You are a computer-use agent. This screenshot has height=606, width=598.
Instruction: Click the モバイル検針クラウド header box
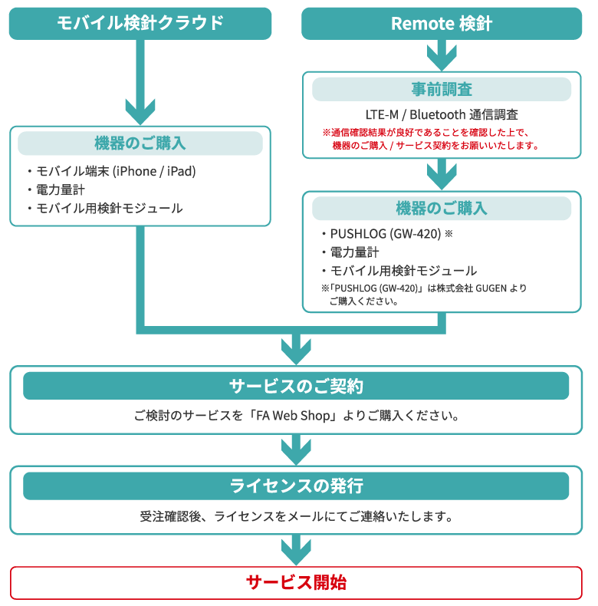point(140,23)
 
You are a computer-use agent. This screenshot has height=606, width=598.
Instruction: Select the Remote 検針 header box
point(442,23)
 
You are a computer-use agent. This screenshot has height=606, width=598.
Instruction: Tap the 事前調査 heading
point(442,89)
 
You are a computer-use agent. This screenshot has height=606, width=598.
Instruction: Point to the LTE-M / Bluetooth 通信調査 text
point(442,114)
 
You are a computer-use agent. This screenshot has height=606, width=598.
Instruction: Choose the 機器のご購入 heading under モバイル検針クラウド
point(140,143)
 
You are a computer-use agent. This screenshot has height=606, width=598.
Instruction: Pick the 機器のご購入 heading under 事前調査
point(442,209)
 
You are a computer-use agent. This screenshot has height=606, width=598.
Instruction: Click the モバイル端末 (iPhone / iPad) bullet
point(115,171)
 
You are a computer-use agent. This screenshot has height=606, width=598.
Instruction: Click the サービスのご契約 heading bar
point(296,386)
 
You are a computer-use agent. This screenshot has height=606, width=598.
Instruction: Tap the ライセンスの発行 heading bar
point(296,486)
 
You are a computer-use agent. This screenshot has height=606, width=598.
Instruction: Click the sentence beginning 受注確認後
point(296,516)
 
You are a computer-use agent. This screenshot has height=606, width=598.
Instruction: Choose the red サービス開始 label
point(296,582)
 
